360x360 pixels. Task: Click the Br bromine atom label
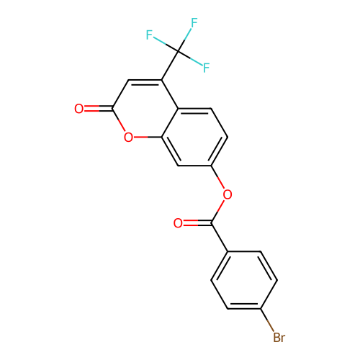point(279,337)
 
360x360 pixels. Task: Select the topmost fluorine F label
point(194,23)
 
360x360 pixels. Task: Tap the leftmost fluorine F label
point(149,35)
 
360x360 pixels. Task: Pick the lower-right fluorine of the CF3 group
point(206,68)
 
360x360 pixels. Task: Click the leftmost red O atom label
point(79,109)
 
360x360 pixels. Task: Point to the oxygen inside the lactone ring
point(128,138)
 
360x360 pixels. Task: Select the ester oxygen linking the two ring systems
point(228,194)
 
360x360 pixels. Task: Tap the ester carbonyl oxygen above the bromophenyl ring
point(178,223)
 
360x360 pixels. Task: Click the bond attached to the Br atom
point(267,320)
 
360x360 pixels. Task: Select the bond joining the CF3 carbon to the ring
point(170,65)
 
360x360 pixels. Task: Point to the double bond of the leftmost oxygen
point(98,109)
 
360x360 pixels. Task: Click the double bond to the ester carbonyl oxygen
point(197,223)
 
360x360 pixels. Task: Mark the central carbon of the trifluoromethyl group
point(178,51)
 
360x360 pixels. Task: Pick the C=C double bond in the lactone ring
point(145,81)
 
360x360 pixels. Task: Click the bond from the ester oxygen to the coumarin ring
point(217,177)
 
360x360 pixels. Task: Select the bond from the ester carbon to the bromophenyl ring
point(220,238)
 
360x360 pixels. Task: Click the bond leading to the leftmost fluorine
point(166,44)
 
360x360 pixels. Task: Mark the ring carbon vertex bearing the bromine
point(261,309)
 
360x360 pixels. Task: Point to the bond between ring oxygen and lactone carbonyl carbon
point(119,120)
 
